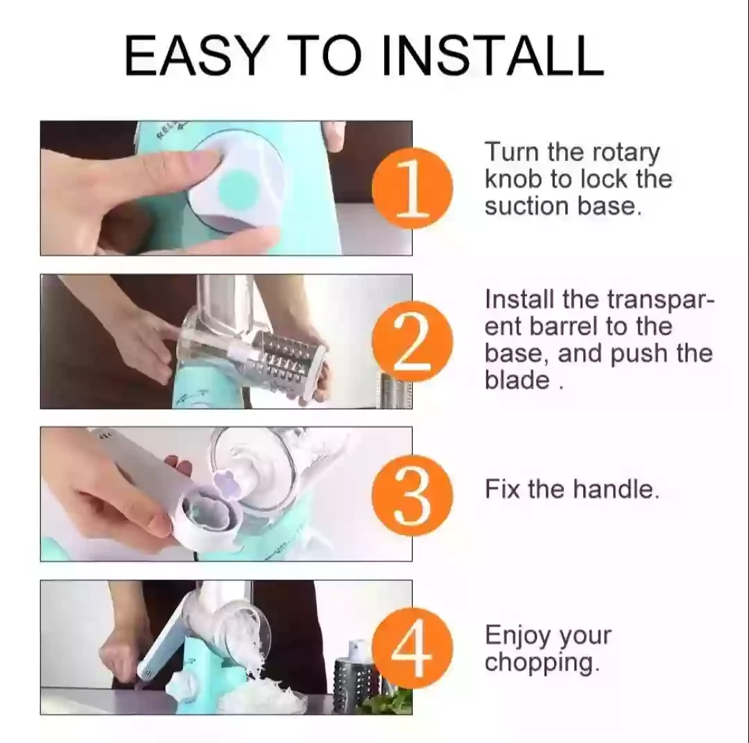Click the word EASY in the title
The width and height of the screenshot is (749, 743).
[194, 56]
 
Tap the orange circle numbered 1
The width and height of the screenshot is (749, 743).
[412, 188]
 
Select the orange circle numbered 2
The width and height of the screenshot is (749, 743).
[412, 342]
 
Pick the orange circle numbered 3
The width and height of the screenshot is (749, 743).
[412, 495]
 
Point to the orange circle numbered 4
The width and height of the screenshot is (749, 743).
[412, 648]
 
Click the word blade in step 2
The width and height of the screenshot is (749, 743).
[517, 381]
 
